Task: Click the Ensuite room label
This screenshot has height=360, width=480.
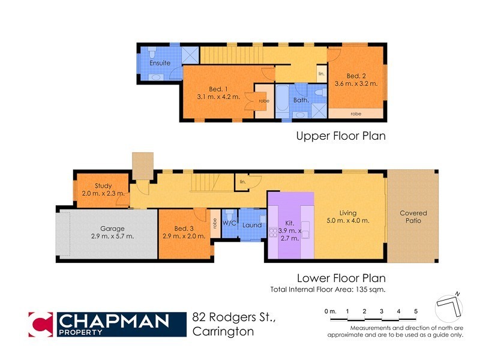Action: pos(160,63)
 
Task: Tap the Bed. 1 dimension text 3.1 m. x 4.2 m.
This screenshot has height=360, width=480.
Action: pos(218,96)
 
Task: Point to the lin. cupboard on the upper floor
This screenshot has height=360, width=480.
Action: pos(321,74)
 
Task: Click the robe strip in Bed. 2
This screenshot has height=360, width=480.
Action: pos(356,113)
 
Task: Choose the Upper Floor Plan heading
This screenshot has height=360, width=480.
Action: pos(340,136)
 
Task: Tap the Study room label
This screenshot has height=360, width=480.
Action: pos(103,185)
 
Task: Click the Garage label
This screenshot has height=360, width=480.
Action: pos(112,229)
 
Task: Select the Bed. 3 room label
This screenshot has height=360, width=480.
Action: pos(184,229)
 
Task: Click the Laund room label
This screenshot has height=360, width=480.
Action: pos(252,225)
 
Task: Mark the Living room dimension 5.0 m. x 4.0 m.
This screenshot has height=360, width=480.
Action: pos(347,221)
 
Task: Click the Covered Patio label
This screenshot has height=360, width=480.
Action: pos(413,217)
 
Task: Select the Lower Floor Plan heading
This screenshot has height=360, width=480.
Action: pos(341,278)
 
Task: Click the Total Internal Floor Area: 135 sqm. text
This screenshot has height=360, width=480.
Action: pos(328,289)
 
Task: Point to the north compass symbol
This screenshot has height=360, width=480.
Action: pos(450,306)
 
